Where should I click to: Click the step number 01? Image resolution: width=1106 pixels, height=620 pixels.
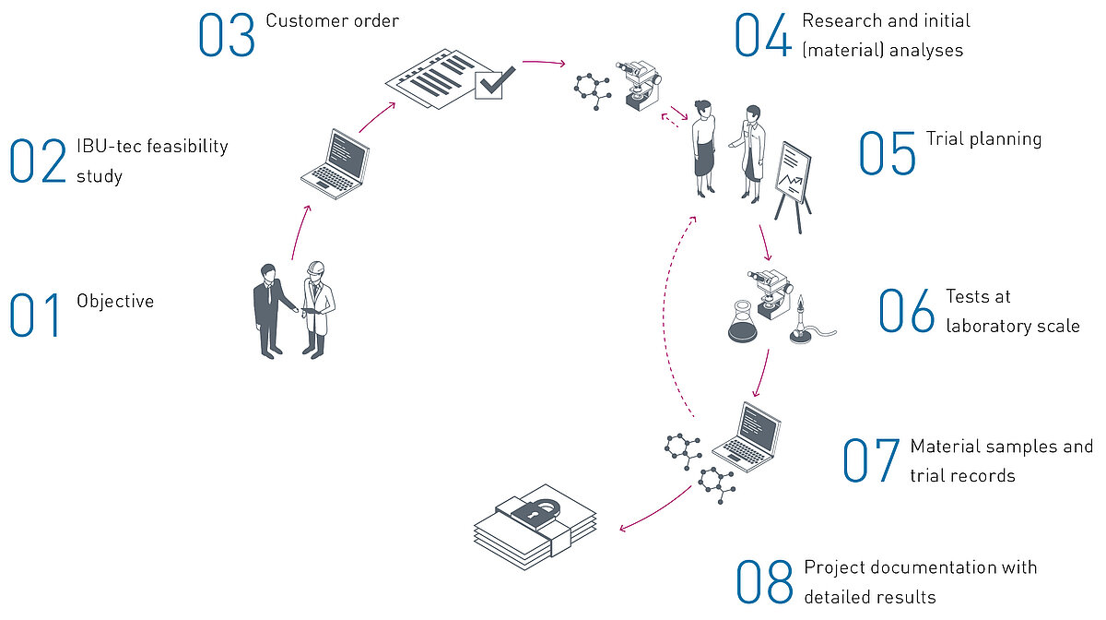pos(35,315)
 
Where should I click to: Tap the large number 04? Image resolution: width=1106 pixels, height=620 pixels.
pos(762,36)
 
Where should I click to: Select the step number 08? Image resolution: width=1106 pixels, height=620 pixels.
pos(764,581)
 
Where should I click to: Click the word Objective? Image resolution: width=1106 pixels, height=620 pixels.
pos(115,302)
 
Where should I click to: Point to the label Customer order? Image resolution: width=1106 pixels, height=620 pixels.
pos(332,20)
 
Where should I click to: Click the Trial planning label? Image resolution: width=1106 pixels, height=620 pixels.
pos(983,139)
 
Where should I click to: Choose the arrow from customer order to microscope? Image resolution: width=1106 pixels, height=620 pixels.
pos(544,64)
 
